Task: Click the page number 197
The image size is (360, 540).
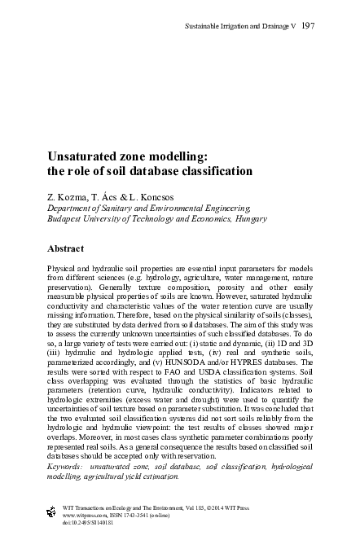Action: [x=308, y=26]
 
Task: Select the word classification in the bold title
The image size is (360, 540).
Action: [x=208, y=171]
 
